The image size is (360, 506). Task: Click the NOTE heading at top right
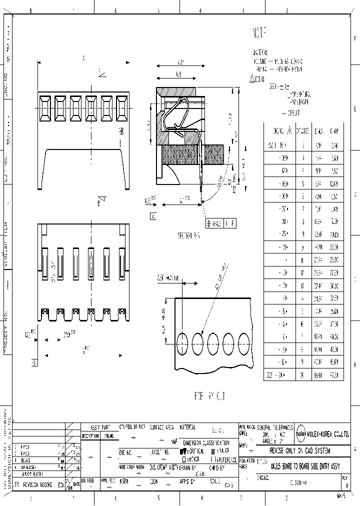tap(260, 33)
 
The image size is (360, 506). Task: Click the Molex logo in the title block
tap(302, 434)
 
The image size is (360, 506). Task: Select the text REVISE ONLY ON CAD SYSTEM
tap(300, 450)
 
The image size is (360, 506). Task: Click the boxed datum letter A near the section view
tap(152, 216)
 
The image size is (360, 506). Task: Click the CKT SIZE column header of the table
tap(302, 131)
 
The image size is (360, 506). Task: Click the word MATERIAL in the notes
tap(260, 52)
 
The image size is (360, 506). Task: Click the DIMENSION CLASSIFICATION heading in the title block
tap(206, 442)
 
